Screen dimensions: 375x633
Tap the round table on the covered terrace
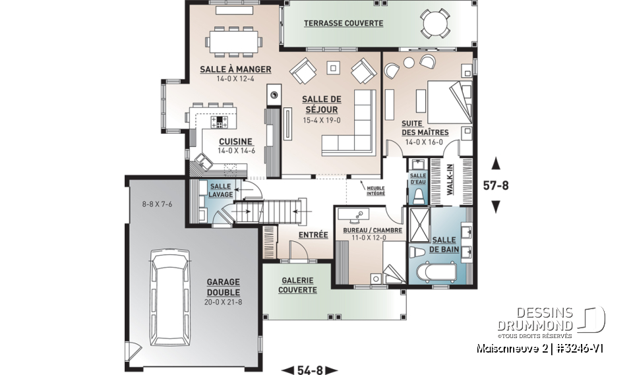[435, 25]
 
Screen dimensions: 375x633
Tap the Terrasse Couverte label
[343, 23]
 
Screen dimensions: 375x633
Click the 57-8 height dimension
[496, 185]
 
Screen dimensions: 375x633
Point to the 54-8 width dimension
[309, 370]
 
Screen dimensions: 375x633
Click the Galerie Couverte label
[297, 285]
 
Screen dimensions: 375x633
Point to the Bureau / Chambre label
[369, 230]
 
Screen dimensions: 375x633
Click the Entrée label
[313, 234]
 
